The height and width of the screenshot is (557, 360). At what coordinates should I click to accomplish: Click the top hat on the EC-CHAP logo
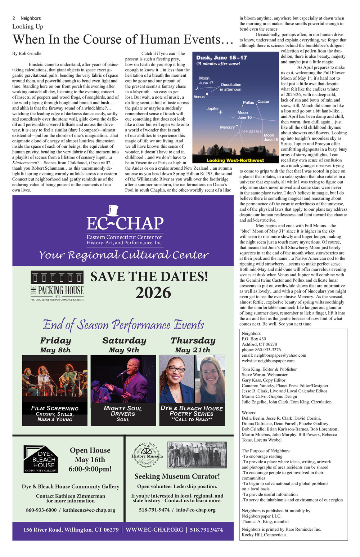tap(112, 210)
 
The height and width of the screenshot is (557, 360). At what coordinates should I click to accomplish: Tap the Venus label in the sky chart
tap(199, 97)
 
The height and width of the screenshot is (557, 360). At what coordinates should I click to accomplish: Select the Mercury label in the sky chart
tap(227, 127)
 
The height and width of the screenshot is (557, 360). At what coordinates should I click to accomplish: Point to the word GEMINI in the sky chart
tap(251, 132)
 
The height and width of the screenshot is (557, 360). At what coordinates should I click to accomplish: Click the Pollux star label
tap(248, 103)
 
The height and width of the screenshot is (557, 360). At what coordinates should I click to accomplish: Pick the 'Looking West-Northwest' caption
tap(235, 160)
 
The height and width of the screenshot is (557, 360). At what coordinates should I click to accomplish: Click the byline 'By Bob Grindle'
tap(27, 54)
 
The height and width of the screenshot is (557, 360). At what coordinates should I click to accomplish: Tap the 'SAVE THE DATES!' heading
tap(149, 277)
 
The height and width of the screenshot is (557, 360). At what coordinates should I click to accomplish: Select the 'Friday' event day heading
tap(55, 340)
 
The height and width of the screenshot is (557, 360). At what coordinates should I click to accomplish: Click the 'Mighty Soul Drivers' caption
tap(123, 411)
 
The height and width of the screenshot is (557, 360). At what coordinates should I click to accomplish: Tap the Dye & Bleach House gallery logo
tap(40, 459)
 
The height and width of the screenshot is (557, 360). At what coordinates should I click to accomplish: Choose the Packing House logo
tap(57, 286)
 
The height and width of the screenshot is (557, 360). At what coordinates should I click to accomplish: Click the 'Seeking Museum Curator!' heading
tap(177, 476)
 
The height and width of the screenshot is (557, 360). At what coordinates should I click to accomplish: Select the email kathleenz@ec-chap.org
tap(89, 510)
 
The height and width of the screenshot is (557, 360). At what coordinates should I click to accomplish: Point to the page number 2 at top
tap(14, 18)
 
